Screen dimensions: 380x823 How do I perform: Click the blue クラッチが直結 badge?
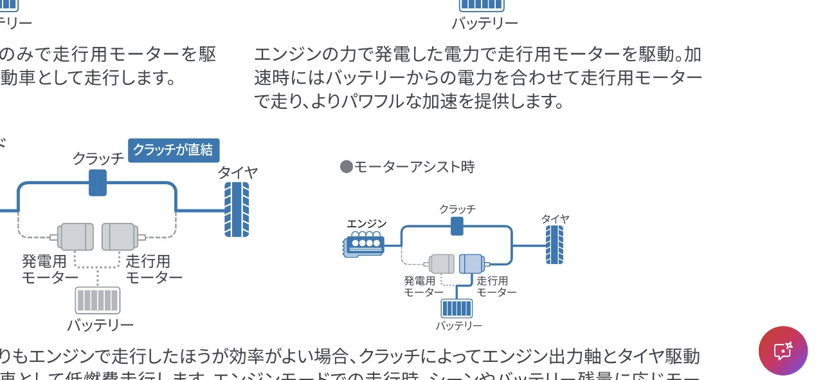(x=174, y=150)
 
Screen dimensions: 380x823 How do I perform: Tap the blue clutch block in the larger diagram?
(x=98, y=183)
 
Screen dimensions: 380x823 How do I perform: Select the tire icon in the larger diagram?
(x=237, y=209)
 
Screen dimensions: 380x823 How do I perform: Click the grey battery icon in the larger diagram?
(x=98, y=300)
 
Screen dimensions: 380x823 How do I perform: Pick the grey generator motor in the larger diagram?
(x=75, y=236)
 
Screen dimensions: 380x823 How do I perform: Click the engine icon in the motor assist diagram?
(x=365, y=245)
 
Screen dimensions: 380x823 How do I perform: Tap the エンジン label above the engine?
(x=366, y=223)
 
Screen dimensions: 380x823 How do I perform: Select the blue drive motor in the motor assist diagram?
(x=471, y=263)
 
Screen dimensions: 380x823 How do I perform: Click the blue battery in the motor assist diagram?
(x=457, y=309)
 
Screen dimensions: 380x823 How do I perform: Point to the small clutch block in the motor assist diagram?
(x=457, y=226)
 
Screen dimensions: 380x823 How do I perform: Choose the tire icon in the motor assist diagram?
(x=554, y=245)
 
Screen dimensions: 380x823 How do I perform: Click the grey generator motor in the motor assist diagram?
(x=442, y=263)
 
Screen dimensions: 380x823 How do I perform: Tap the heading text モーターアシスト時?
(x=415, y=167)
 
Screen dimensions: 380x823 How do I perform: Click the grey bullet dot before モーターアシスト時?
(x=347, y=167)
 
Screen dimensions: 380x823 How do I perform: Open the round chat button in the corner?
(x=783, y=350)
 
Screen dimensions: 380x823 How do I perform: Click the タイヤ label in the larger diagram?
(x=237, y=172)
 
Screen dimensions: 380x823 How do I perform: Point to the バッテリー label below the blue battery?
(x=459, y=326)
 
